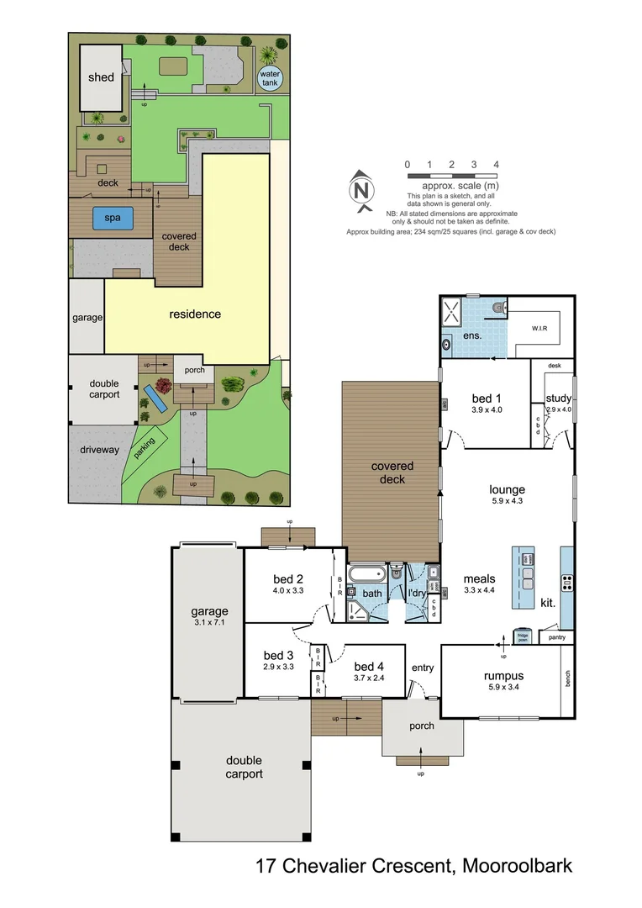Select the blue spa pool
tap(113, 218)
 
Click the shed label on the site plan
tap(101, 78)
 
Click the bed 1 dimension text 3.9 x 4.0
tap(486, 410)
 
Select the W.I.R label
tap(539, 327)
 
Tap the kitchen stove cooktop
tap(567, 580)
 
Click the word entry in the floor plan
tap(423, 668)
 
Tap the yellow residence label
tap(195, 314)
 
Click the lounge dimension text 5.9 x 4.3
tap(507, 502)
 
